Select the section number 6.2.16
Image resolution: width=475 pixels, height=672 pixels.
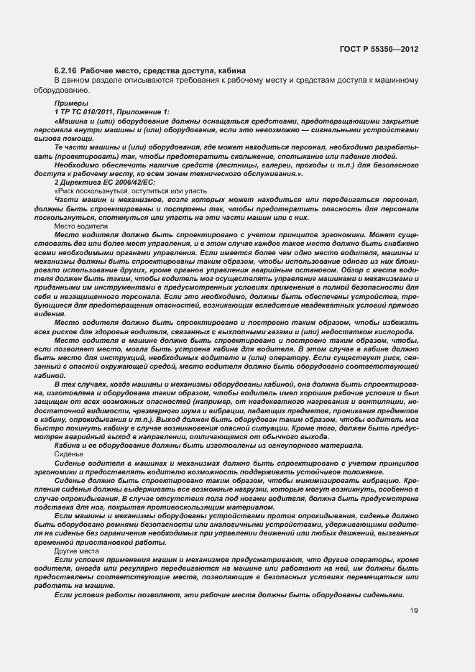point(66,70)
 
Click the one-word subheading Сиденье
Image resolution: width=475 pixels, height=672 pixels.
point(69,455)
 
